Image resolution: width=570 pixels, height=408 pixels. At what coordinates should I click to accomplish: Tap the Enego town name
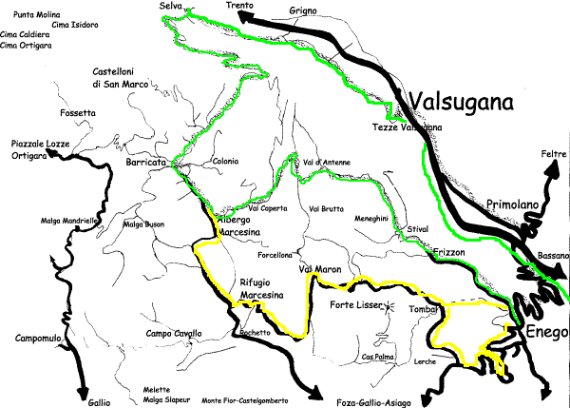[x=541, y=332]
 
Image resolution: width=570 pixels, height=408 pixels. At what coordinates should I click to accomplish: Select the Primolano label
[x=514, y=204]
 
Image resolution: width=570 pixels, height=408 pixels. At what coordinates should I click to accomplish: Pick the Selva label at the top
[x=171, y=7]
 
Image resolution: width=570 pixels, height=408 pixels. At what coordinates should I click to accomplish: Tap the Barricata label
[x=145, y=163]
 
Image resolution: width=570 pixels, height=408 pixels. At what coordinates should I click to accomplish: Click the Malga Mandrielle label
[x=69, y=221]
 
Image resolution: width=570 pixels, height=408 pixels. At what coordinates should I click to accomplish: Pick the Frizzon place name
[x=451, y=253]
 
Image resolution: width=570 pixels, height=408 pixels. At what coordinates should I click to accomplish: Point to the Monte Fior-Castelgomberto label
[x=249, y=399]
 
